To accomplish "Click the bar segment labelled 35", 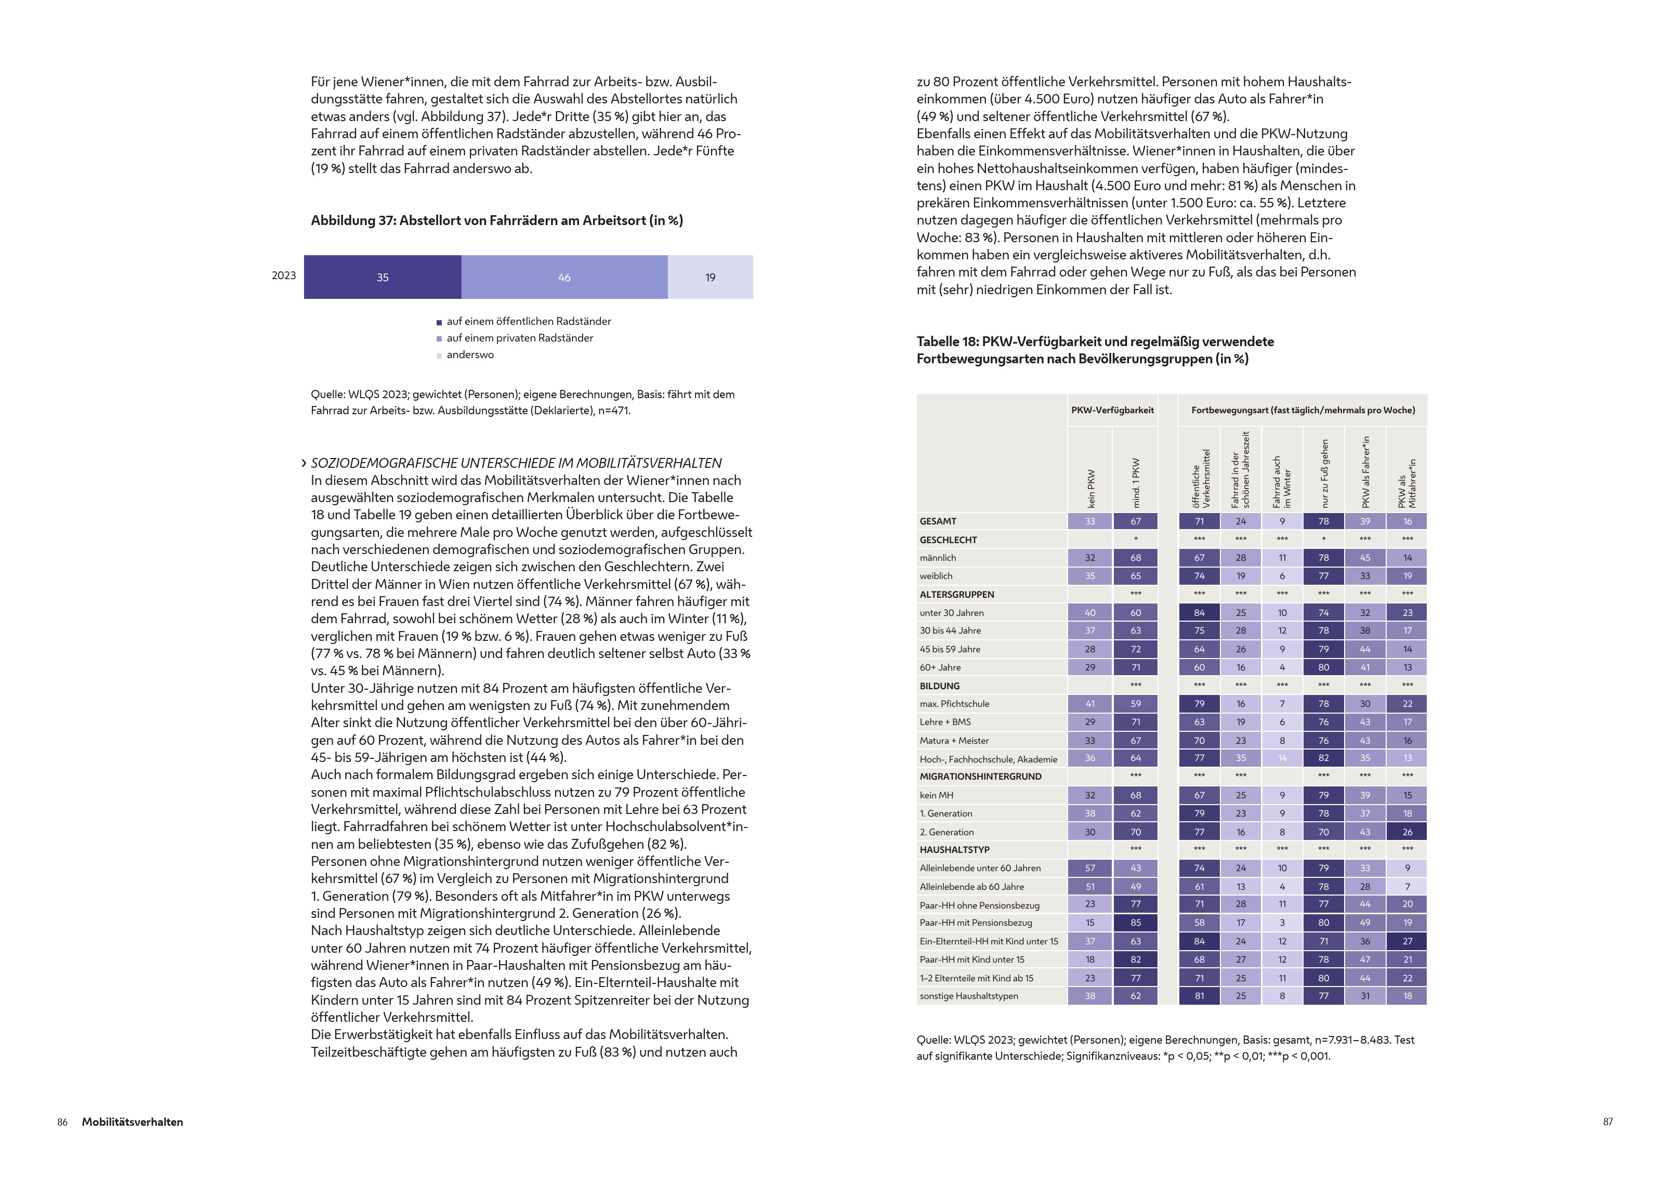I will click(383, 277).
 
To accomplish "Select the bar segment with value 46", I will click(564, 277).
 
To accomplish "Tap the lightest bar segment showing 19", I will click(710, 277).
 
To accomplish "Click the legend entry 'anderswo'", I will click(470, 355).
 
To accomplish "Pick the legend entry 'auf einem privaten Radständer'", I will click(519, 338).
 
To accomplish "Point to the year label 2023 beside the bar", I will click(284, 275).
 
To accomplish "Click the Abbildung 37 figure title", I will click(497, 221).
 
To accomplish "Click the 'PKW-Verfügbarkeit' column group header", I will click(1112, 410).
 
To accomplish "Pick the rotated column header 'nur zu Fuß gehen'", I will click(1324, 474).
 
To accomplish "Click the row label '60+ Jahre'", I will click(940, 667).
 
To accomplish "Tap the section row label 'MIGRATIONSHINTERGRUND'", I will click(980, 777).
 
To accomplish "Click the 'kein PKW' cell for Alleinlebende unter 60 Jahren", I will click(1089, 869).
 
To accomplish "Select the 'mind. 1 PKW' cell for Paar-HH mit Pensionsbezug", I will click(1136, 923).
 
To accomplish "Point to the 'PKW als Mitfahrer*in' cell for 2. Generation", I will click(1407, 832).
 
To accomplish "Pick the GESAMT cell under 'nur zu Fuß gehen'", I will click(1323, 521).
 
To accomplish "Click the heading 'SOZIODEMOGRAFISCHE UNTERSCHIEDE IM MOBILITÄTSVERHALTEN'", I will click(516, 463).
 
